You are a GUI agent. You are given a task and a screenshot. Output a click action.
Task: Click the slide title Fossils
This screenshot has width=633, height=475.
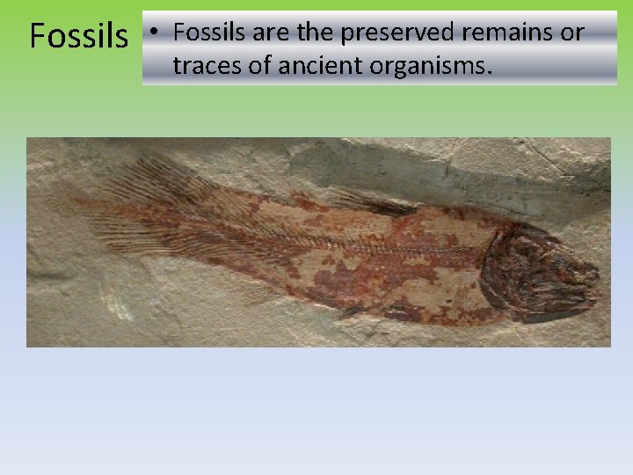click(x=78, y=36)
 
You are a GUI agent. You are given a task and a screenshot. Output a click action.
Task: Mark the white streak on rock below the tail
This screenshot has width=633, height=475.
click(x=113, y=300)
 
